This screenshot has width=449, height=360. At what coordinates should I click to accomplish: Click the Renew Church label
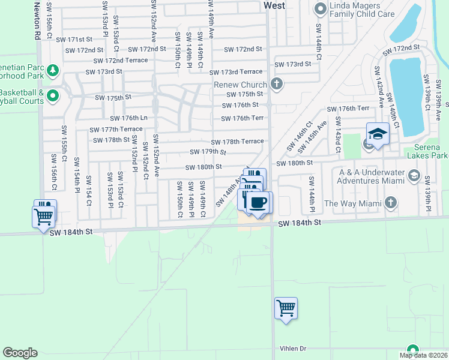[240, 85]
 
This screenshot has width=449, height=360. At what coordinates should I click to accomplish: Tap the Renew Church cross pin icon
[276, 83]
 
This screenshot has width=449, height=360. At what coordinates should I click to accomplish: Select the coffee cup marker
[259, 203]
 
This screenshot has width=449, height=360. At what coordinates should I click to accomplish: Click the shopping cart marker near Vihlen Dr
[286, 309]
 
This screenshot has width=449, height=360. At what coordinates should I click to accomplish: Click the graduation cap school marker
[378, 134]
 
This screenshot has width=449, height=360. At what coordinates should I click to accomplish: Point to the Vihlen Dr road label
[293, 349]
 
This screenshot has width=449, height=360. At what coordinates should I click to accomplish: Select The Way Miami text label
[352, 203]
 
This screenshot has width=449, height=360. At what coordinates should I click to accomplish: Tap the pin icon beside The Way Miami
[391, 203]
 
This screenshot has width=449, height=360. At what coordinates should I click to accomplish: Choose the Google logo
[20, 352]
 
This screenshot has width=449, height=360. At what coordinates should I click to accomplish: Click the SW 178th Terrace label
[237, 142]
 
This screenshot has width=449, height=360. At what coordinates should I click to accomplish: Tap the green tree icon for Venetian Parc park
[52, 71]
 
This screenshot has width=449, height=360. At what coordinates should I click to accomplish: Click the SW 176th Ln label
[127, 118]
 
